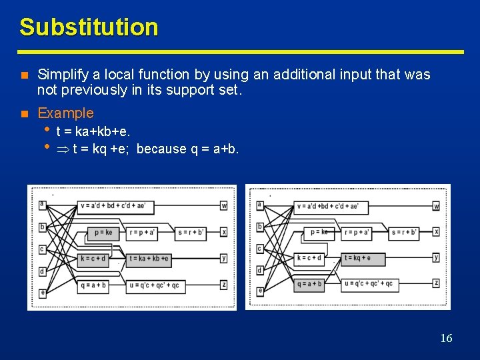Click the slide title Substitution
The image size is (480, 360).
(x=89, y=27)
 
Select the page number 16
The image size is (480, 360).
(x=446, y=338)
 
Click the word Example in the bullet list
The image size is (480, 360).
(x=65, y=113)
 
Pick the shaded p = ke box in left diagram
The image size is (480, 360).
(x=103, y=233)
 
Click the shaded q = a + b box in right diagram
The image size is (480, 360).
(x=309, y=283)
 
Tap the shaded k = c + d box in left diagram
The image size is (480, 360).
(x=93, y=259)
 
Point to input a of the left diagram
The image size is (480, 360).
(x=42, y=204)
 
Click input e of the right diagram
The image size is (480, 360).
(x=260, y=291)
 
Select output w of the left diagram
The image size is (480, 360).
(x=224, y=206)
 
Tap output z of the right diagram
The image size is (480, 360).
(x=436, y=283)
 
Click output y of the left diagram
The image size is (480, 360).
(x=224, y=258)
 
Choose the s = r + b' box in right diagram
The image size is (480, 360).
(x=405, y=232)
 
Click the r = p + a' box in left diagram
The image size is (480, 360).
(x=144, y=233)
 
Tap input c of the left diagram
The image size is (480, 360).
(x=42, y=249)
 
